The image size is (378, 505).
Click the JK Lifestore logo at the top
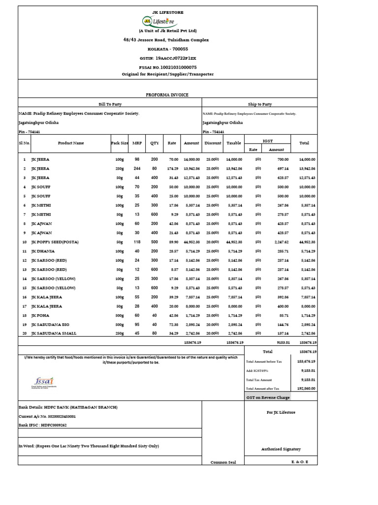[158, 21]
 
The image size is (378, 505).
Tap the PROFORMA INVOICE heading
[167, 95]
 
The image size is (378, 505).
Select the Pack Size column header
[120, 143]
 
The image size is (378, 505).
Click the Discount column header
[213, 143]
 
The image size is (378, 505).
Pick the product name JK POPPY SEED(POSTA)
[55, 242]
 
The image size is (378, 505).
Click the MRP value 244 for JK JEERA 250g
[137, 169]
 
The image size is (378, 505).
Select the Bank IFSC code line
[43, 425]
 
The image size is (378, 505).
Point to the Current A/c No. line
[47, 416]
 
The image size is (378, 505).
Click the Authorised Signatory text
[281, 449]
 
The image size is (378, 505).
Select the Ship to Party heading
[259, 104]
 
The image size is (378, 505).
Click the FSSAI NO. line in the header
[168, 67]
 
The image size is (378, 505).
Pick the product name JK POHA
[40, 315]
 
